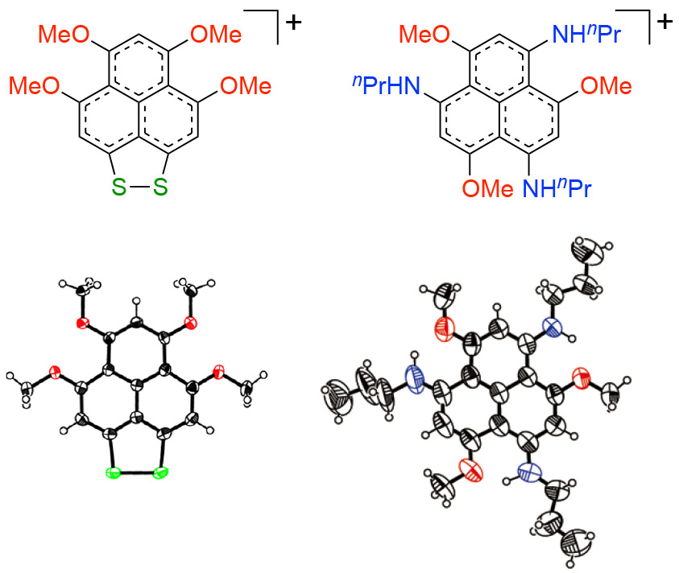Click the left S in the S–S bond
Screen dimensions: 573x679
coord(119,188)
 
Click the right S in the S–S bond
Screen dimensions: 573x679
coord(159,188)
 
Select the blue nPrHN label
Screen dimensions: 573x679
coord(387,85)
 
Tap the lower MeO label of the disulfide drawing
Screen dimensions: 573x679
coord(37,85)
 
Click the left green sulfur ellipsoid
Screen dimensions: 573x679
coord(112,472)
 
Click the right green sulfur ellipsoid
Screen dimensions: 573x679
coord(159,472)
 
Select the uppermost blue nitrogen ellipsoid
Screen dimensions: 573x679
coord(552,328)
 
